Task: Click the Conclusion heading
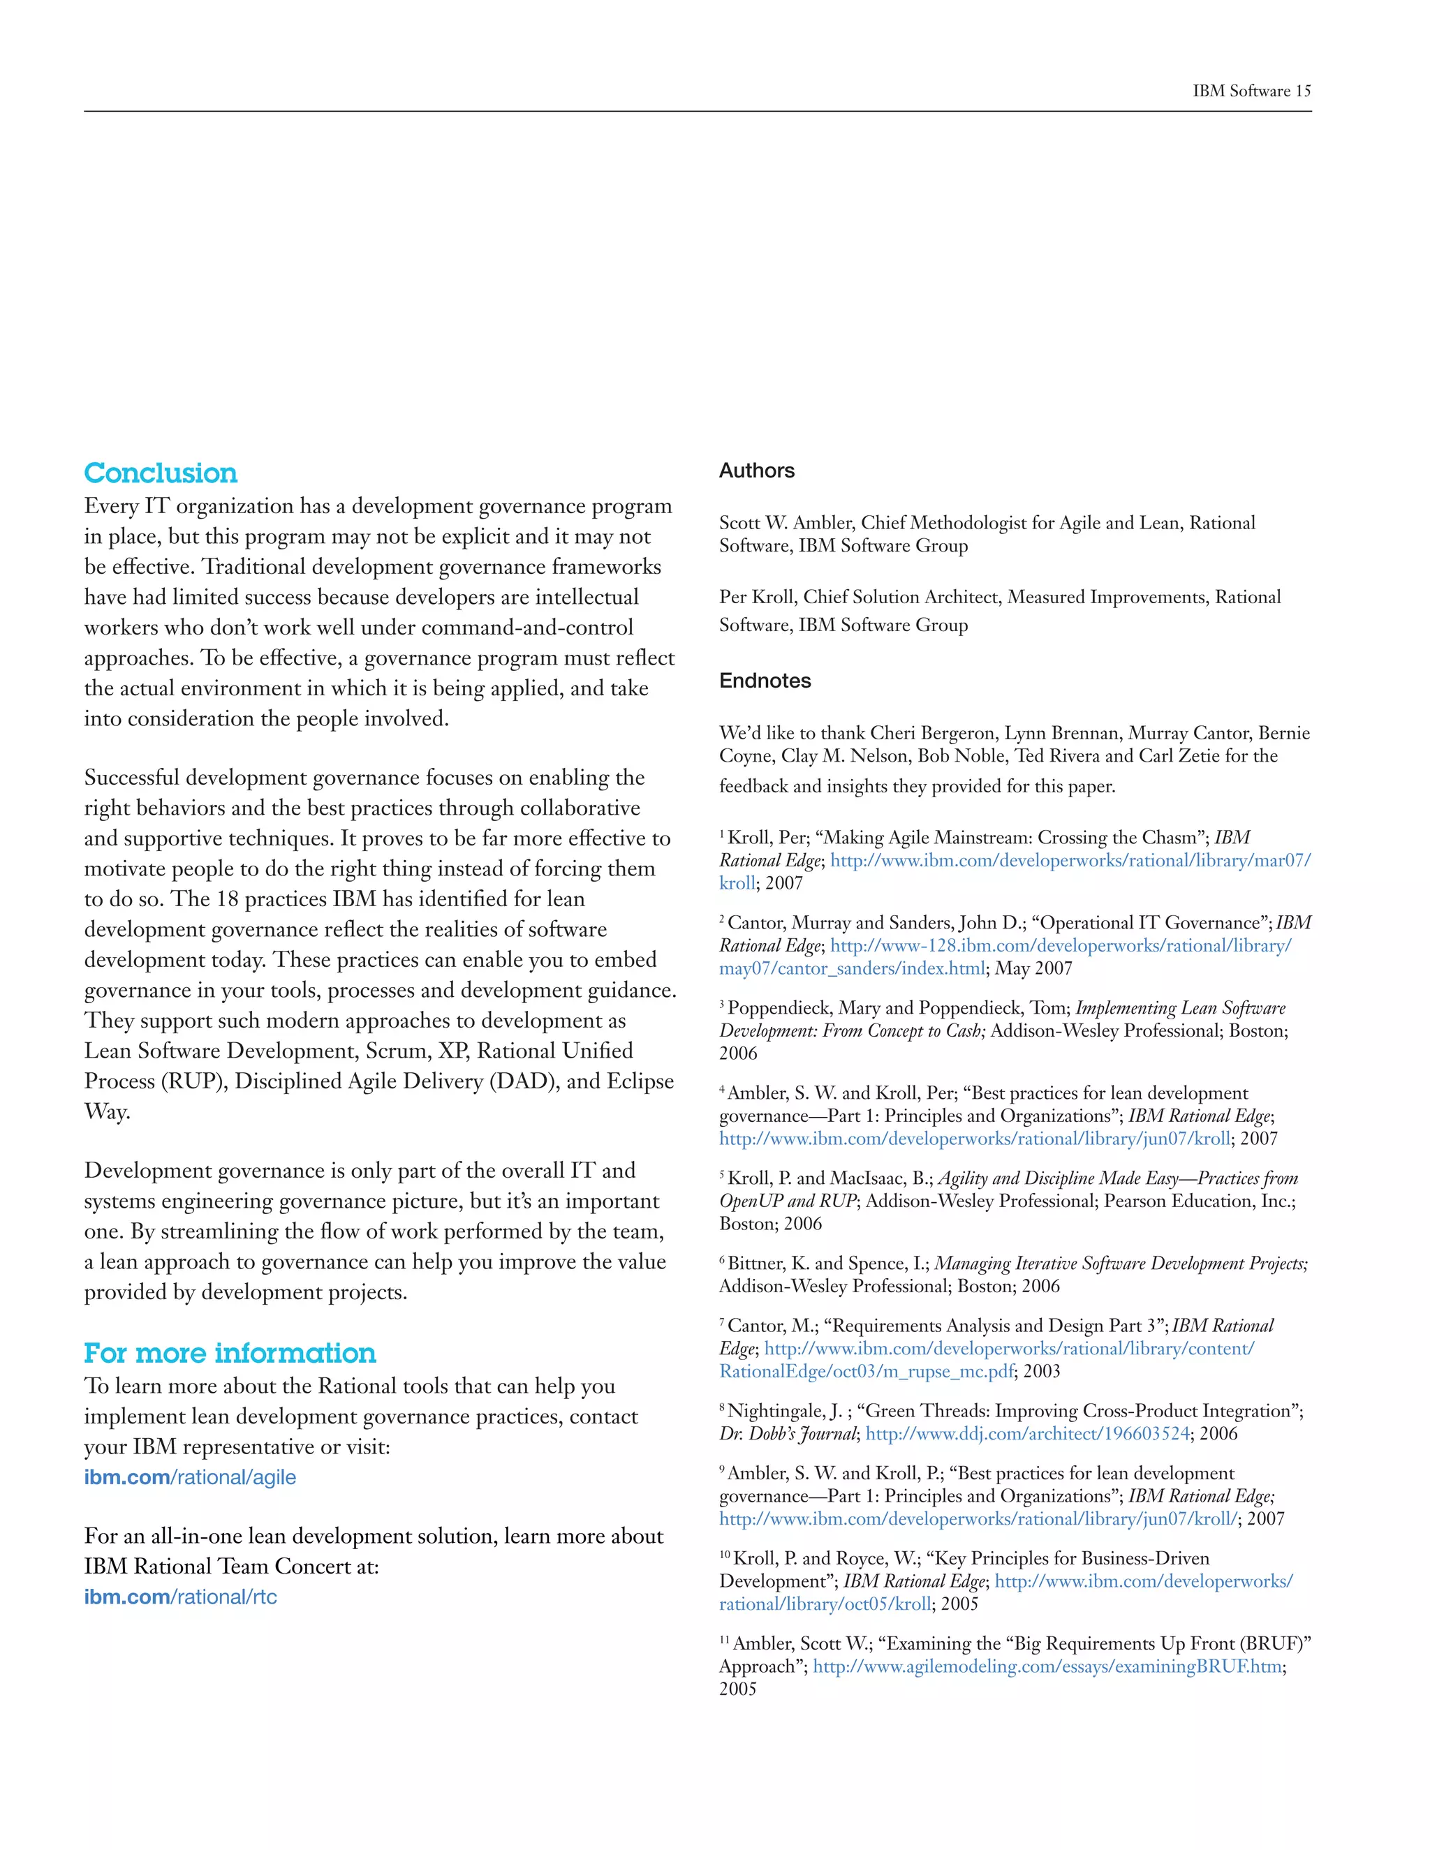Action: (161, 473)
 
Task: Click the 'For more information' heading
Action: (230, 1353)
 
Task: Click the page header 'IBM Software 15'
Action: (1251, 91)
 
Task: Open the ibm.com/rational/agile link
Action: (190, 1477)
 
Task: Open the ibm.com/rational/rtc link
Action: (180, 1597)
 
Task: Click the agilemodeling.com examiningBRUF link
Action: (1047, 1666)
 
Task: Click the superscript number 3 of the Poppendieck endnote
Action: (723, 1004)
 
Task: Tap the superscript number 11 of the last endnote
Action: (724, 1640)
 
